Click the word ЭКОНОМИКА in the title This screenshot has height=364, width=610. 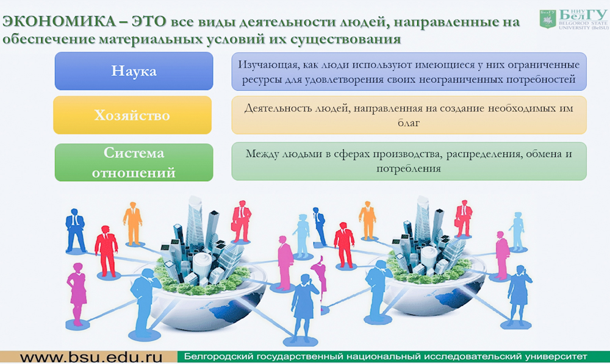pyautogui.click(x=59, y=21)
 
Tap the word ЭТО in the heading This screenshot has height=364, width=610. pyautogui.click(x=149, y=21)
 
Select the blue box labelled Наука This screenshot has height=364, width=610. pyautogui.click(x=134, y=71)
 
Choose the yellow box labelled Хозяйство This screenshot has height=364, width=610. pyautogui.click(x=132, y=115)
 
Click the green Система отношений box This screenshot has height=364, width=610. pyautogui.click(x=134, y=163)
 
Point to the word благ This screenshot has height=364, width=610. pyautogui.click(x=409, y=123)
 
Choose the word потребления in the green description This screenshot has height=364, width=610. pyautogui.click(x=409, y=169)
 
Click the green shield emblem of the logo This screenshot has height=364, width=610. pyautogui.click(x=548, y=19)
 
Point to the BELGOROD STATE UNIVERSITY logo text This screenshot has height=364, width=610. pyautogui.click(x=583, y=25)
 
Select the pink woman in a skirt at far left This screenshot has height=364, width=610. pyautogui.click(x=77, y=294)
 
